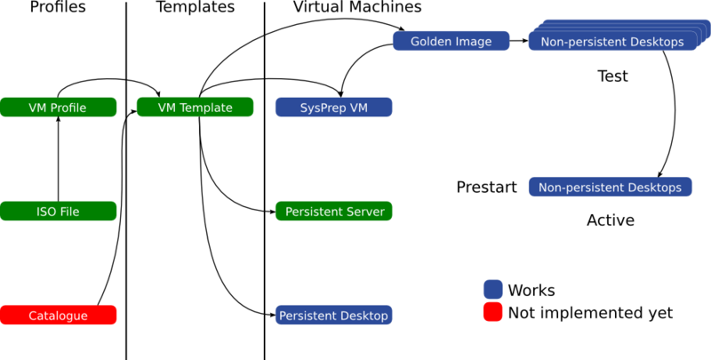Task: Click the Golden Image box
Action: pyautogui.click(x=451, y=41)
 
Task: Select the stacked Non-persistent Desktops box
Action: pyautogui.click(x=611, y=42)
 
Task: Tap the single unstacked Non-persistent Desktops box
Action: pyautogui.click(x=610, y=188)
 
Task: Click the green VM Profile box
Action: pyautogui.click(x=58, y=108)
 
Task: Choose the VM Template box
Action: pyautogui.click(x=195, y=108)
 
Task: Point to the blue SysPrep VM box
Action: pyautogui.click(x=333, y=108)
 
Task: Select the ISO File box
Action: pyautogui.click(x=58, y=212)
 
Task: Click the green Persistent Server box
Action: pyautogui.click(x=333, y=212)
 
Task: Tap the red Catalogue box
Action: pyautogui.click(x=58, y=316)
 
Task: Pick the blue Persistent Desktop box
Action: pyautogui.click(x=333, y=316)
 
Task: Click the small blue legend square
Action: pyautogui.click(x=492, y=290)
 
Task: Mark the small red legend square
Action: pyautogui.click(x=492, y=312)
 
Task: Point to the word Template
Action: pyautogui.click(x=206, y=108)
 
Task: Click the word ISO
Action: pyautogui.click(x=46, y=212)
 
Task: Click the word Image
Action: pyautogui.click(x=474, y=42)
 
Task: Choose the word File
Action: pyautogui.click(x=69, y=212)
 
